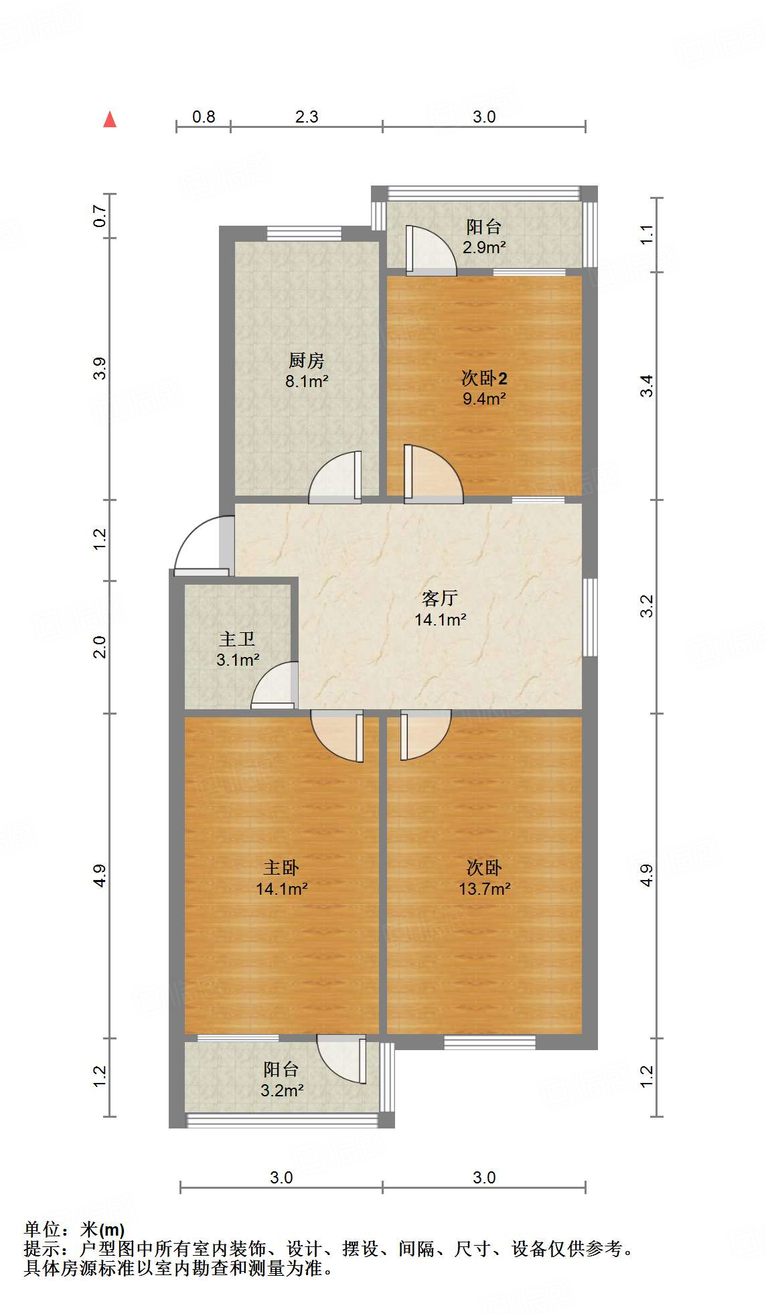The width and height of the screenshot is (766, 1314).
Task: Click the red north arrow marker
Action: [110, 120]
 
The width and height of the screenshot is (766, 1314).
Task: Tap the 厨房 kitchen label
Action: [307, 360]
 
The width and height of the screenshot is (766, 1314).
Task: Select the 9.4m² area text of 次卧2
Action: [484, 399]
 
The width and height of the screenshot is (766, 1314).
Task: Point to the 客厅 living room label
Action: [440, 597]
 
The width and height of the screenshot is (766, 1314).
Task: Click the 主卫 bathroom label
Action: [237, 639]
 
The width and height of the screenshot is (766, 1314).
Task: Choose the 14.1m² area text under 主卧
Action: [281, 889]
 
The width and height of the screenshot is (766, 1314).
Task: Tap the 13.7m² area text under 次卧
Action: [484, 889]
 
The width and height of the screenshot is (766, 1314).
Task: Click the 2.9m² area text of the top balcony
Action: [484, 247]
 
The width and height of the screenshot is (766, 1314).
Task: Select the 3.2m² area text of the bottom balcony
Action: [282, 1090]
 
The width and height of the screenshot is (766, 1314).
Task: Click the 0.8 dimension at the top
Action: [204, 117]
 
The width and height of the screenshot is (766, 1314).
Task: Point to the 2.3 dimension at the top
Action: [307, 117]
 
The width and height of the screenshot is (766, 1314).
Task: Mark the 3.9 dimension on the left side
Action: [100, 369]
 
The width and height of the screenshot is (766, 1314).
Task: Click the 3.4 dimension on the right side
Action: [647, 386]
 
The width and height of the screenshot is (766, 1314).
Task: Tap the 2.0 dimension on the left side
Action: [100, 647]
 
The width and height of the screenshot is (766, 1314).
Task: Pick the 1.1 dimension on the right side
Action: [647, 234]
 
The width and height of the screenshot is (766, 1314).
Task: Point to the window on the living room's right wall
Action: [590, 617]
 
